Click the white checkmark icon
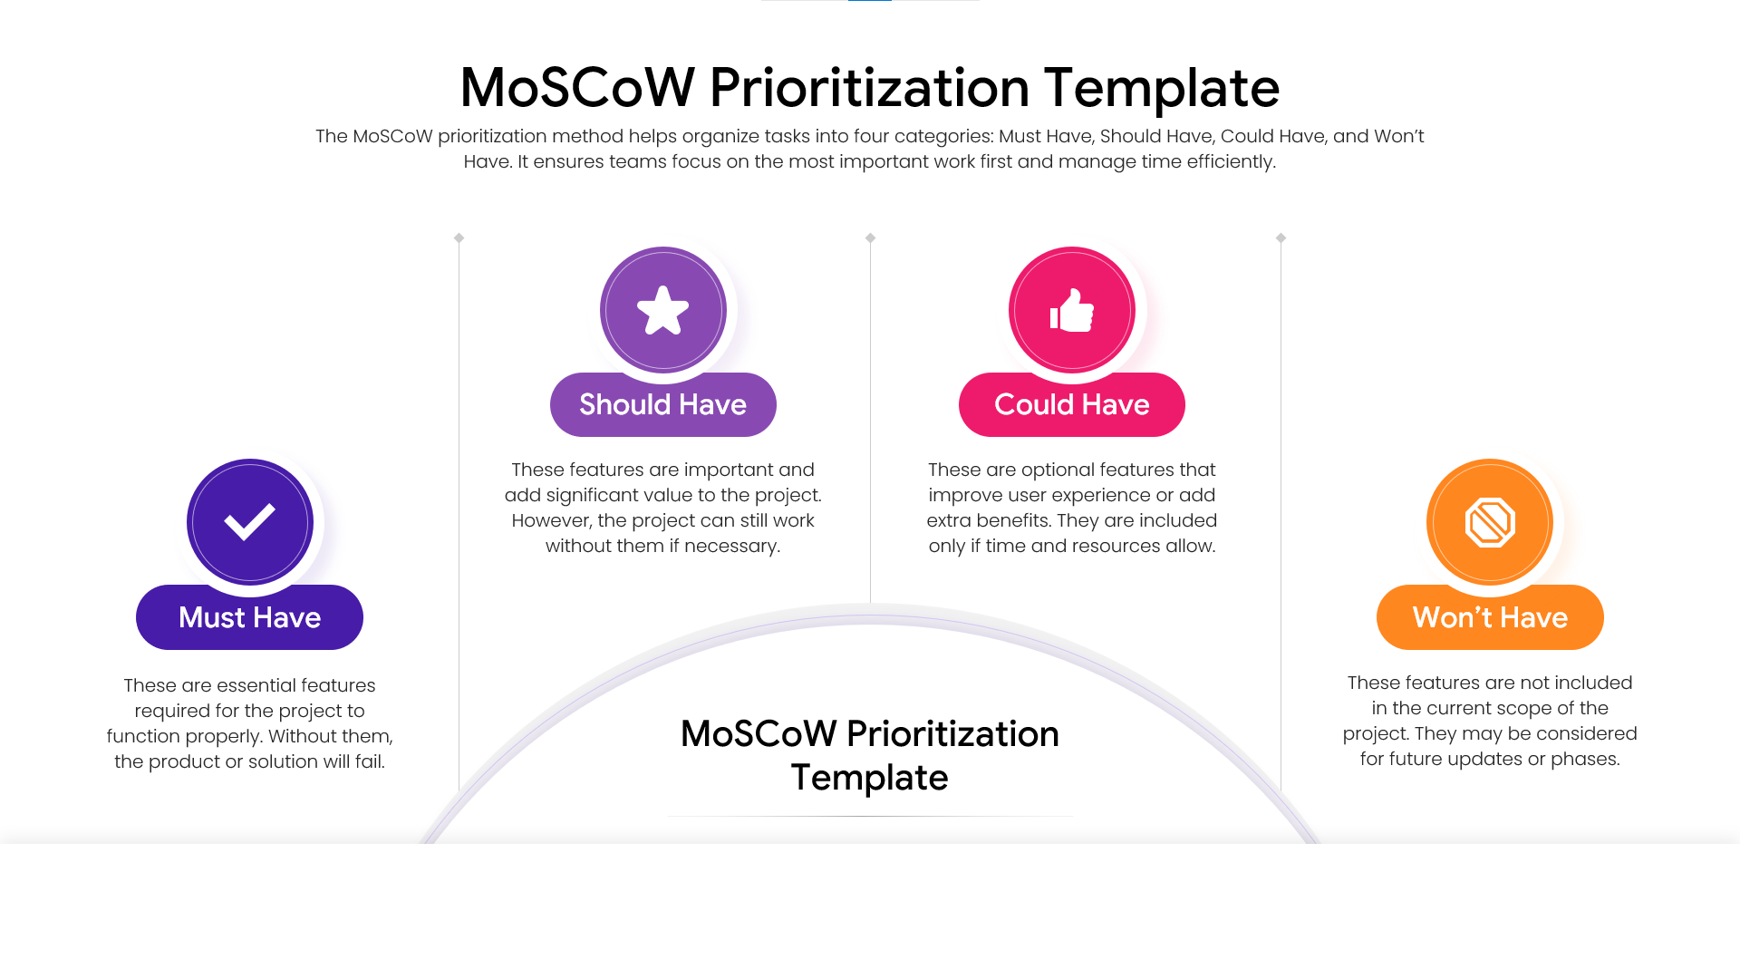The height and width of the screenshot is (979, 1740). click(x=250, y=522)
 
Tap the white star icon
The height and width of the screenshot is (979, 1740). click(x=663, y=310)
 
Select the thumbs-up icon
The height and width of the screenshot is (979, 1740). click(x=1072, y=310)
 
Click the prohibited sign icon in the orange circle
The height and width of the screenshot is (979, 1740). click(x=1490, y=522)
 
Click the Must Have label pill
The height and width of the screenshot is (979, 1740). click(x=249, y=617)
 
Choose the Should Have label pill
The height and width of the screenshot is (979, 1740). click(x=662, y=404)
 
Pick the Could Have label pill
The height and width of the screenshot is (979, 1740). click(x=1071, y=404)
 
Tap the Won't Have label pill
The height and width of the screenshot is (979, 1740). click(x=1490, y=617)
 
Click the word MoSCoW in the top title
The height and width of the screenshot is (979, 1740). click(x=576, y=88)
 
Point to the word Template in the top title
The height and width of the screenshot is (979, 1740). click(x=1162, y=88)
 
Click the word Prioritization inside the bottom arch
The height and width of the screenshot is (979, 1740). click(x=952, y=733)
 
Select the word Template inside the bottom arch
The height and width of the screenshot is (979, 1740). click(x=869, y=778)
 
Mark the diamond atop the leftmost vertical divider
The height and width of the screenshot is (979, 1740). click(x=459, y=238)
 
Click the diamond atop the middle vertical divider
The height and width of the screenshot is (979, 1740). click(x=870, y=238)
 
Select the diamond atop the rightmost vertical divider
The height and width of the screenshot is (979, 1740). click(x=1281, y=238)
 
